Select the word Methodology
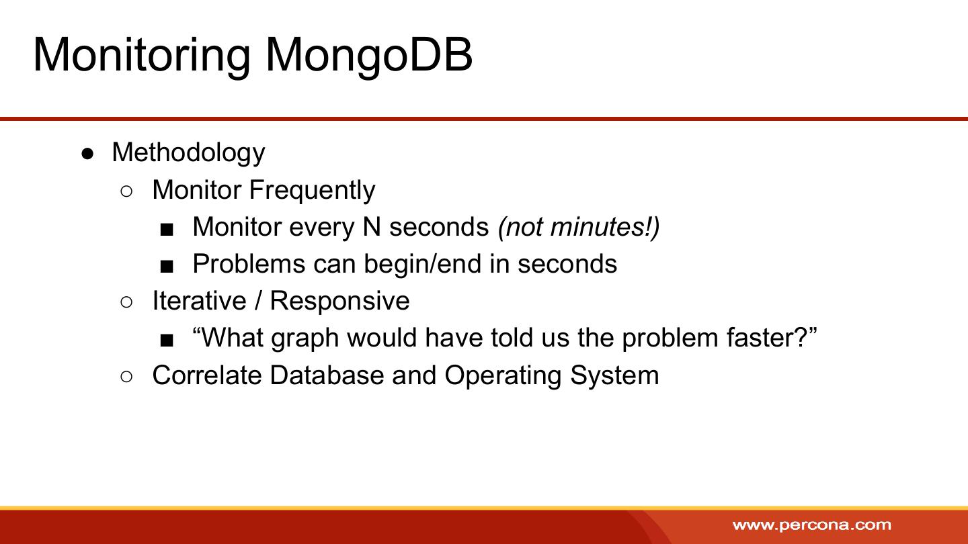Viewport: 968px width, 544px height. pyautogui.click(x=188, y=153)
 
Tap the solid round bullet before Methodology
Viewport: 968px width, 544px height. pyautogui.click(x=87, y=154)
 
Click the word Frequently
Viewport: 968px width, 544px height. pyautogui.click(x=312, y=191)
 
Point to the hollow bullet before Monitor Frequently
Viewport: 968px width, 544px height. pyautogui.click(x=126, y=191)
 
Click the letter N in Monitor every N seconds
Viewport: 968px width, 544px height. pyautogui.click(x=372, y=227)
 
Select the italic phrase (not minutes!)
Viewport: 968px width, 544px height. pyautogui.click(x=579, y=228)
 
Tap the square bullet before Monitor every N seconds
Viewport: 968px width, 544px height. pyautogui.click(x=167, y=230)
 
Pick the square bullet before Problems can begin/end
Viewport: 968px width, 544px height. pyautogui.click(x=167, y=267)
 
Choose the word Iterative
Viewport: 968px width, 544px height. pyautogui.click(x=199, y=301)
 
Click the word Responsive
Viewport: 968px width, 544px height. pyautogui.click(x=339, y=301)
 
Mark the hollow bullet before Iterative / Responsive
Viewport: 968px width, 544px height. pyautogui.click(x=126, y=302)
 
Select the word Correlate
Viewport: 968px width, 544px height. pyautogui.click(x=207, y=375)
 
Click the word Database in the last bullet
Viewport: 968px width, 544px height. pyautogui.click(x=327, y=375)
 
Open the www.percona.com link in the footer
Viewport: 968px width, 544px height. pyautogui.click(x=812, y=525)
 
